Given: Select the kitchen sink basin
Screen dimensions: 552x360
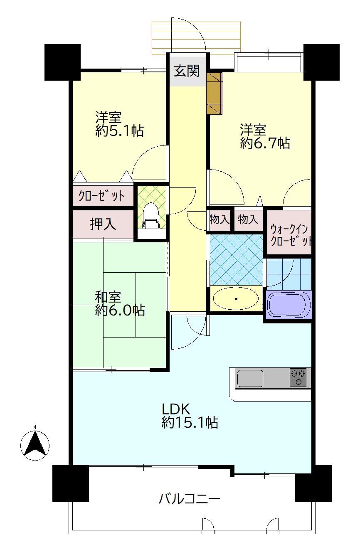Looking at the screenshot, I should point(250,378).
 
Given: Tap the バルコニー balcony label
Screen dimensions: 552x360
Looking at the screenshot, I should point(189,498).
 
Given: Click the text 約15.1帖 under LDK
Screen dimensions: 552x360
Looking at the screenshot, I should point(190,423).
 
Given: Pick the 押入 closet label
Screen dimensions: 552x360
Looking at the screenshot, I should point(103,224).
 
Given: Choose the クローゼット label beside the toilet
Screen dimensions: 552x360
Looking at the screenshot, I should point(101,196).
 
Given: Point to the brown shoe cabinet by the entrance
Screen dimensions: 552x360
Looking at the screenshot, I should point(215,94).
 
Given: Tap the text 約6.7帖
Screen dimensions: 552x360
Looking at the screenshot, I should point(265,143).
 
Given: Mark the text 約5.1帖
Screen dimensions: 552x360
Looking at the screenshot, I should point(120,131).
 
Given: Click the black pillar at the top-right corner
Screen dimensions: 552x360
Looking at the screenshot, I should point(321,62).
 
